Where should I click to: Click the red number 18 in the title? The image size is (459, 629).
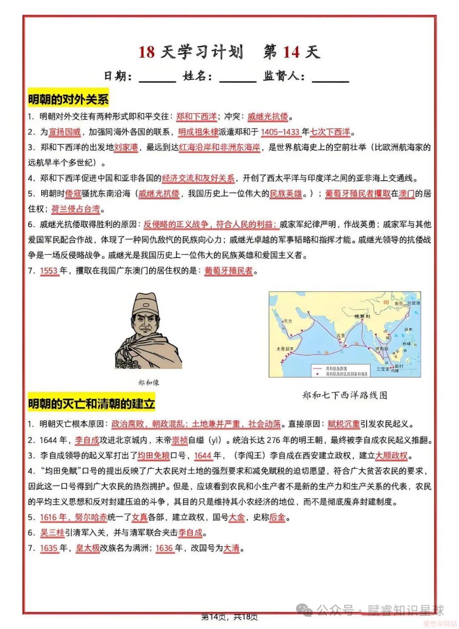click(147, 52)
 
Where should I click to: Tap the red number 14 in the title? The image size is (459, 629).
click(291, 52)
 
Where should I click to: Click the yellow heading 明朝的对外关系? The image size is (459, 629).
click(68, 99)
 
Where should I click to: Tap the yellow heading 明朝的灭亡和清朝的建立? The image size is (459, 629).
click(91, 403)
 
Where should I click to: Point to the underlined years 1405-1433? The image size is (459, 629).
click(280, 132)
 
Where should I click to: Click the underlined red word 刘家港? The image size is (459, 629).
click(126, 147)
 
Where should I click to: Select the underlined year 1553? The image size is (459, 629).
click(49, 271)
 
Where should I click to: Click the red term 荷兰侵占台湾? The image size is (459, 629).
click(76, 209)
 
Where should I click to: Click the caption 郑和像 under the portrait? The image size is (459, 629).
click(148, 382)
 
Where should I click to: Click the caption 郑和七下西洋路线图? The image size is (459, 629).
click(345, 395)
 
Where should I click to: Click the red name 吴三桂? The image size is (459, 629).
click(52, 533)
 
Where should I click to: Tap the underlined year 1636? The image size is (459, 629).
click(164, 548)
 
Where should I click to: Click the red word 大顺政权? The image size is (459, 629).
click(391, 456)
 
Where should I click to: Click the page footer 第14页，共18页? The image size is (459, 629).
click(229, 616)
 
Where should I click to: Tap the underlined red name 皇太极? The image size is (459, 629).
click(88, 548)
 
